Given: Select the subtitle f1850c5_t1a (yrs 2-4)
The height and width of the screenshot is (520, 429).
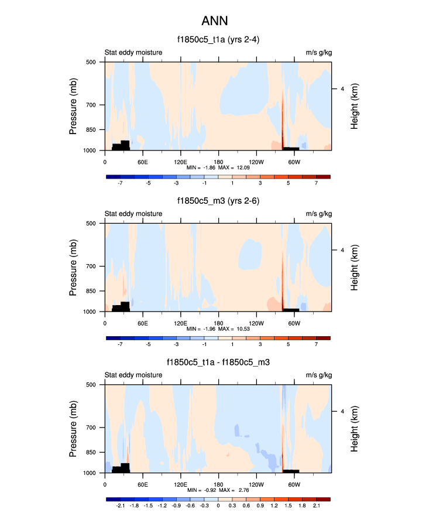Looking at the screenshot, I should pyautogui.click(x=218, y=40).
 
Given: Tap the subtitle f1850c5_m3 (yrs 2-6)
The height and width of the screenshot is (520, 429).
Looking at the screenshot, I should pyautogui.click(x=218, y=201).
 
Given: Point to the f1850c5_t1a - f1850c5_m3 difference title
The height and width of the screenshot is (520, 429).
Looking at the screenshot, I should pyautogui.click(x=218, y=363).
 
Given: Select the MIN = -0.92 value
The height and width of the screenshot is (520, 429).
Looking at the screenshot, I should pyautogui.click(x=201, y=491).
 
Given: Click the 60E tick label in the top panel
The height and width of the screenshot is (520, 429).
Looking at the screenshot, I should pyautogui.click(x=142, y=162).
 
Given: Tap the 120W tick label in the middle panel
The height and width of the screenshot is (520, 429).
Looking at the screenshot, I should pyautogui.click(x=256, y=323).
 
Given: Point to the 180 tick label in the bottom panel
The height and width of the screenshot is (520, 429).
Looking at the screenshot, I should pyautogui.click(x=218, y=484).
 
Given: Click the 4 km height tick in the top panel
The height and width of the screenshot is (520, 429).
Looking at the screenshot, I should pyautogui.click(x=342, y=89).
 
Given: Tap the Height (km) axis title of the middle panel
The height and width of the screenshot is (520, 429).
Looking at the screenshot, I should pyautogui.click(x=355, y=267).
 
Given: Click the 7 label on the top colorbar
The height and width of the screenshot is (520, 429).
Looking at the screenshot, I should pyautogui.click(x=316, y=183).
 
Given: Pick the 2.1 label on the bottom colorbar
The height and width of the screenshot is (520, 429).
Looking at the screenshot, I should pyautogui.click(x=316, y=505).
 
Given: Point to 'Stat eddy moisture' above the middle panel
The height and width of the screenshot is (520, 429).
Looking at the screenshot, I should pyautogui.click(x=133, y=214).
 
